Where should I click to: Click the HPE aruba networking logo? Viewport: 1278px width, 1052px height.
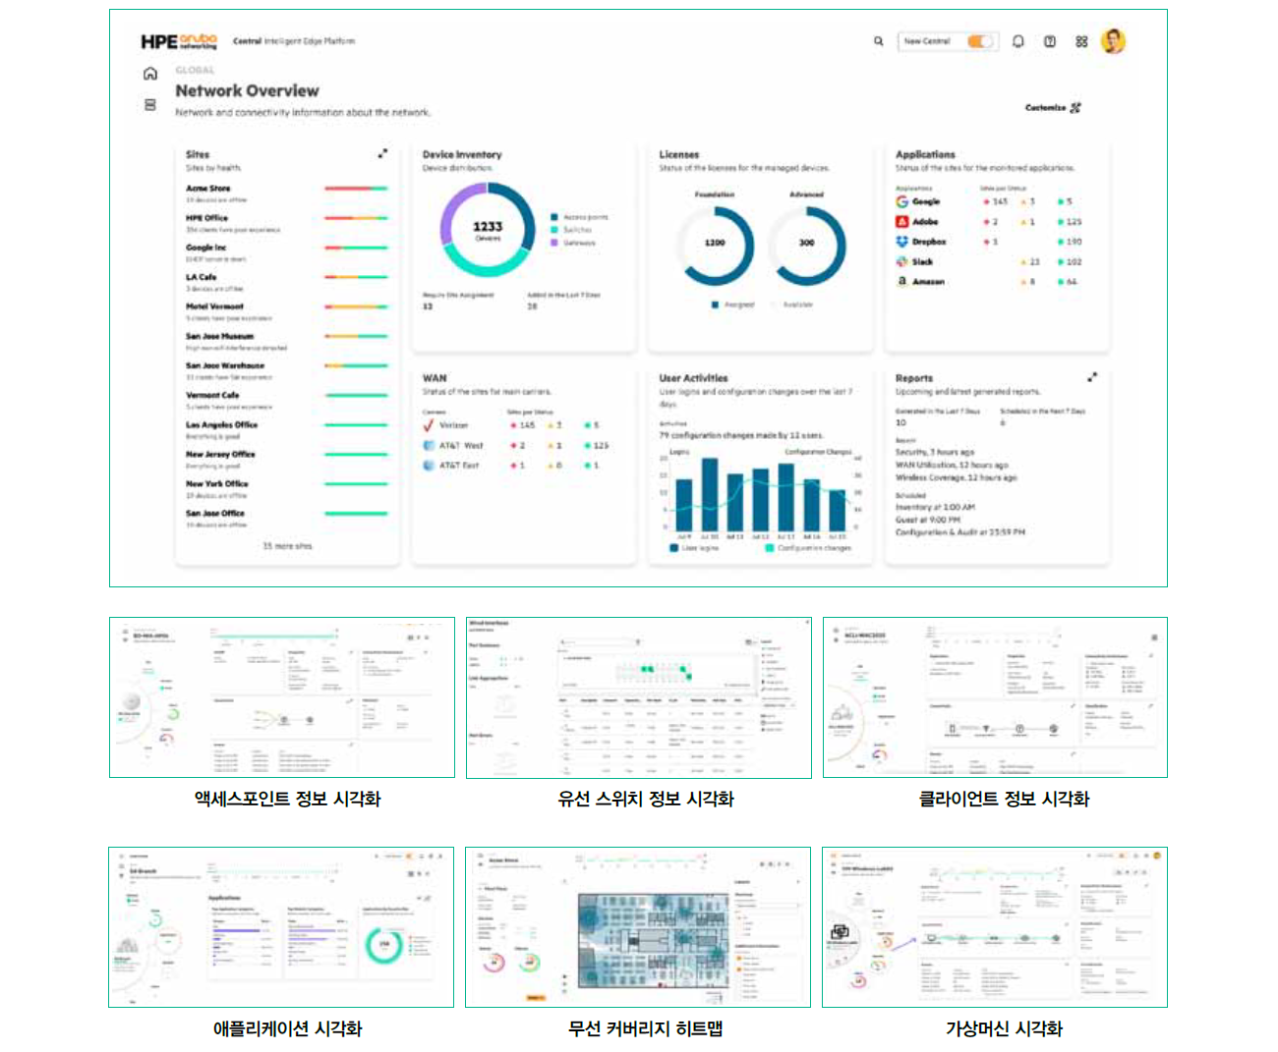click(178, 41)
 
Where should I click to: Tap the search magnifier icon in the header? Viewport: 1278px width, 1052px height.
click(879, 41)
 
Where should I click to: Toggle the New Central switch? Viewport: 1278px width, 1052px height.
click(979, 41)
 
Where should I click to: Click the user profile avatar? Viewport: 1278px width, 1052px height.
click(1113, 41)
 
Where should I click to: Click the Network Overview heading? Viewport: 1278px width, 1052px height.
click(247, 90)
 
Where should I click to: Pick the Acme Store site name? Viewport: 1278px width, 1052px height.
click(208, 188)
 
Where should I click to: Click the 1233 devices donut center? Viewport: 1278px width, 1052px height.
click(488, 229)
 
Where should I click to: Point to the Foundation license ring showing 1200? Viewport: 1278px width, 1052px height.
click(715, 243)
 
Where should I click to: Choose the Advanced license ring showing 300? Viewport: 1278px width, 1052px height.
click(806, 243)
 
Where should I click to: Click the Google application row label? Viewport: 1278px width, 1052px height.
click(925, 201)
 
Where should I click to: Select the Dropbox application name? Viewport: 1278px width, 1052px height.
click(928, 242)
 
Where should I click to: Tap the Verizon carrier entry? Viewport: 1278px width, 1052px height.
click(453, 425)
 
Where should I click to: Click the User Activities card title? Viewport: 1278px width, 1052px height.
click(693, 378)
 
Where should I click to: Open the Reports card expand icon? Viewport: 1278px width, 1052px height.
click(1092, 377)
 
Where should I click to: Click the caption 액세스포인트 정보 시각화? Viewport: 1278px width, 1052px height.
click(287, 799)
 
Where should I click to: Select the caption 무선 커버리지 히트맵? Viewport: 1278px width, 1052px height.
click(645, 1028)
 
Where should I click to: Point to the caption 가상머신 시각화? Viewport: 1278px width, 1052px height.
click(1004, 1028)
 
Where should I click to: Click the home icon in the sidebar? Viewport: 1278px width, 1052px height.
click(150, 74)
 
